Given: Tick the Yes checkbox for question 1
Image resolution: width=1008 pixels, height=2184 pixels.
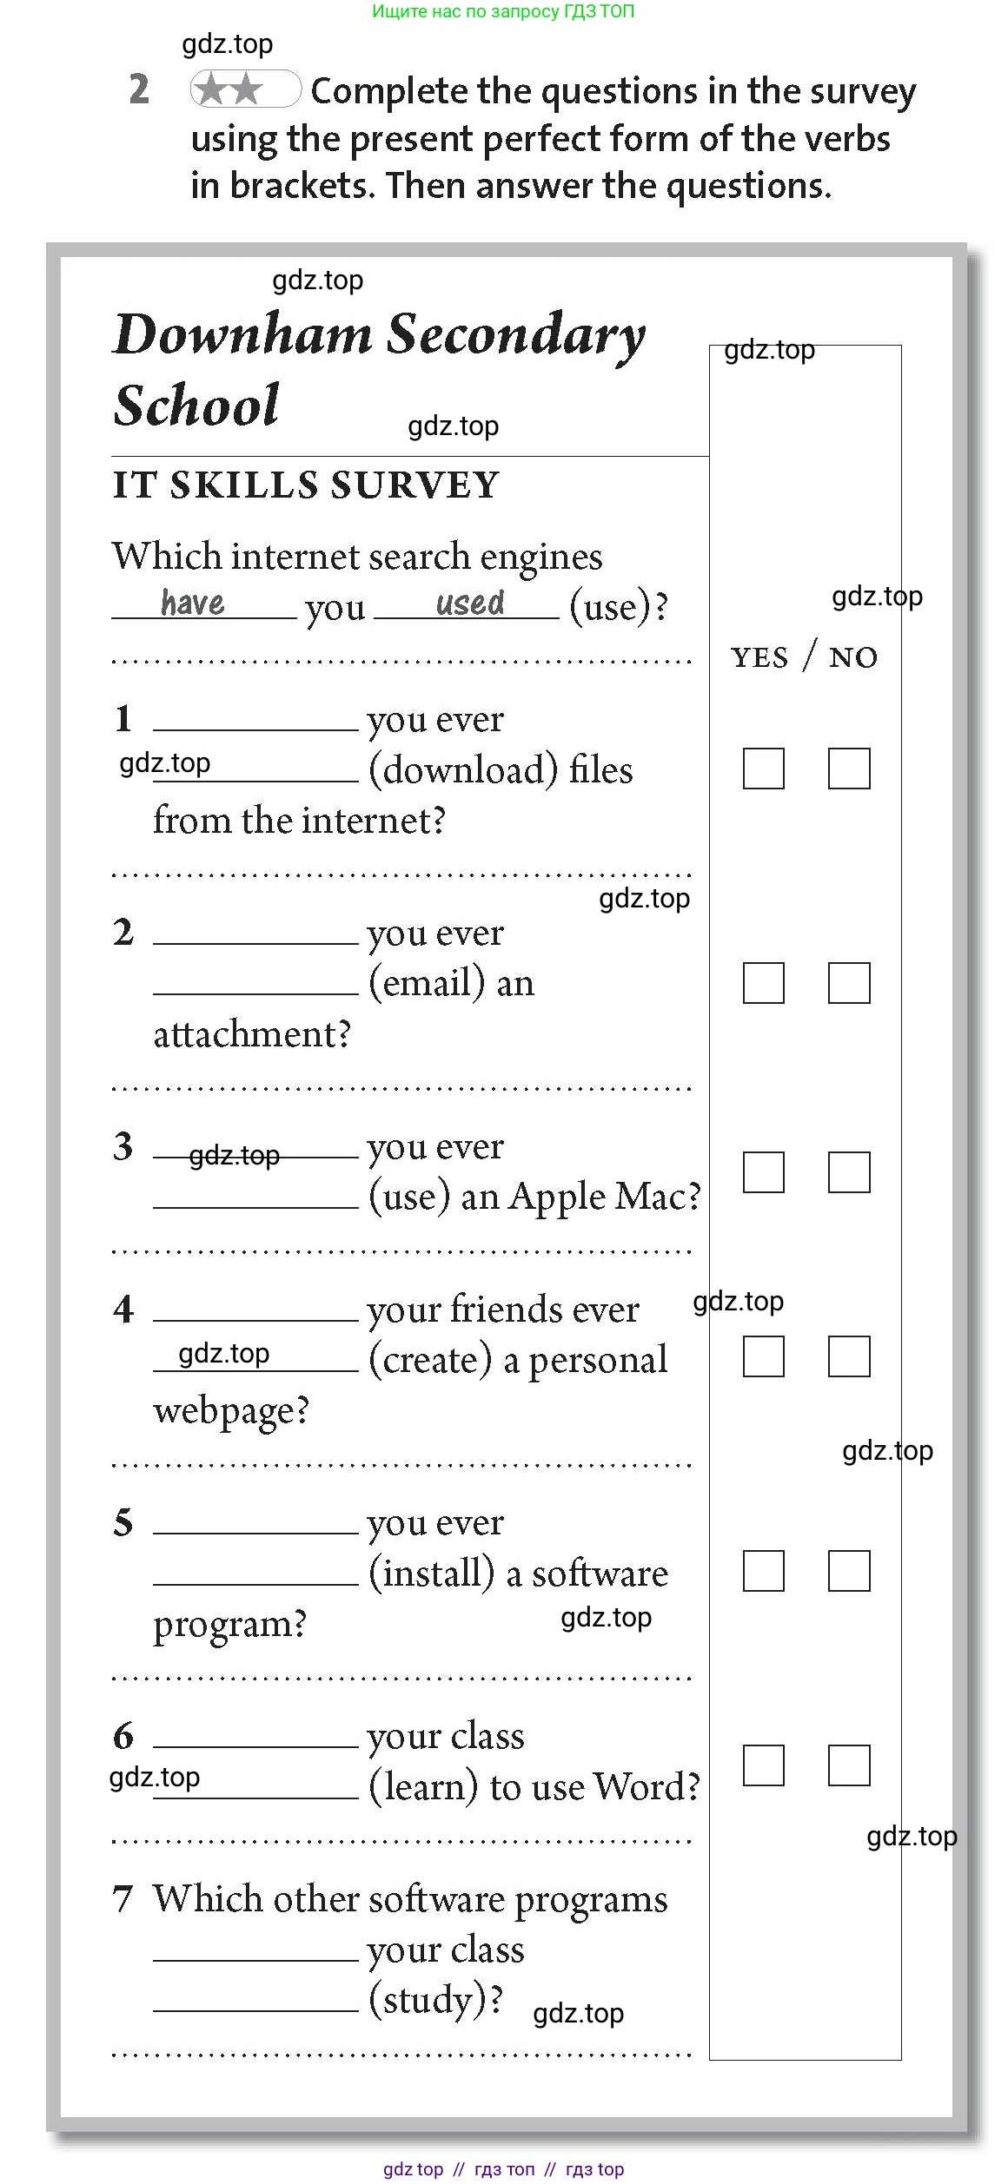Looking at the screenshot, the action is [x=763, y=769].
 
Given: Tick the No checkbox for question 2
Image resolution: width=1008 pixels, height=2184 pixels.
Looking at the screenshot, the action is [x=849, y=983].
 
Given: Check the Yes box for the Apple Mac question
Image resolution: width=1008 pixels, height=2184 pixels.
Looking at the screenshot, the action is [x=763, y=1172].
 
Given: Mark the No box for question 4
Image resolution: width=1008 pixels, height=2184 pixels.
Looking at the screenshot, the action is [x=849, y=1356].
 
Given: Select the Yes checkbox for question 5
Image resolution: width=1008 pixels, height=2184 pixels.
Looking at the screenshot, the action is [x=763, y=1571].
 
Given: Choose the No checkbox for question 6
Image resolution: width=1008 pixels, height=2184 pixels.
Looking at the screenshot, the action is [x=849, y=1765].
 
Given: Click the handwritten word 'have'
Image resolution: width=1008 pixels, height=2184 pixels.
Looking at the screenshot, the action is [x=193, y=602].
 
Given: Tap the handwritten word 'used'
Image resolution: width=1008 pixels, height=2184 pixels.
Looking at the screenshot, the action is [x=470, y=602].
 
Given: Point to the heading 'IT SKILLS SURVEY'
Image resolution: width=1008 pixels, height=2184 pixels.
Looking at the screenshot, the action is [x=306, y=485].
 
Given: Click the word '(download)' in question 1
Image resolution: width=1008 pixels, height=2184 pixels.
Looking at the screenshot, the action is [x=463, y=770].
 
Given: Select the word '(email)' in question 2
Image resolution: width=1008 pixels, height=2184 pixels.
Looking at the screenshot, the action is [x=427, y=983].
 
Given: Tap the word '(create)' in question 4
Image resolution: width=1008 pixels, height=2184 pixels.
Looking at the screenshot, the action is [x=430, y=1360].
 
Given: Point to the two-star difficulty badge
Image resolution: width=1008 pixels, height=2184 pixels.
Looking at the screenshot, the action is [x=246, y=89].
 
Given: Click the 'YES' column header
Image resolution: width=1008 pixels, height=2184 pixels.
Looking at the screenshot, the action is [x=759, y=657].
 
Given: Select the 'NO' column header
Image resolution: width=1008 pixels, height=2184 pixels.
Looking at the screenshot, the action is [x=853, y=657].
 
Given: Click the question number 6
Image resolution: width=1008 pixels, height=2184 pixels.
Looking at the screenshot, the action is [x=123, y=1737].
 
